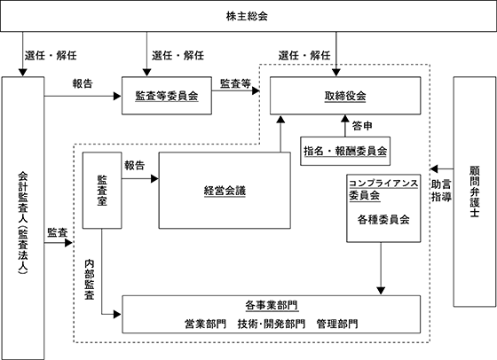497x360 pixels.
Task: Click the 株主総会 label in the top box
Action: tap(247, 16)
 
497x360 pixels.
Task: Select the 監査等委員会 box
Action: tap(167, 96)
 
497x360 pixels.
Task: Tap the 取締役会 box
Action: tap(345, 96)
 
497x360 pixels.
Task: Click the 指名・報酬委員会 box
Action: tap(345, 151)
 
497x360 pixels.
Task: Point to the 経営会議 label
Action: tap(225, 191)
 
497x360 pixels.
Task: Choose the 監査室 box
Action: tap(102, 191)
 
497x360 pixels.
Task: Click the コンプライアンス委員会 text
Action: tap(383, 189)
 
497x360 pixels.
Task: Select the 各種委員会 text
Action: tap(383, 219)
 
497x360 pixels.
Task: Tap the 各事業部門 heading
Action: tap(272, 305)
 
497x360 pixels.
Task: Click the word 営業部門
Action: tap(205, 324)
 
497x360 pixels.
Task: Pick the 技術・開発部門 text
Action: tap(272, 324)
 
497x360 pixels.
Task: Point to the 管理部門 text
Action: tap(337, 324)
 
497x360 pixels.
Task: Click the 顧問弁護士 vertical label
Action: tap(475, 192)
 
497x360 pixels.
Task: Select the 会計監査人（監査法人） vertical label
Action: tap(23, 223)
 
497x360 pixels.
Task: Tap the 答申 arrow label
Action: tap(362, 126)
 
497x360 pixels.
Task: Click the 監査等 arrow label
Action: tap(235, 83)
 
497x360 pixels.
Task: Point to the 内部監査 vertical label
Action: tap(90, 279)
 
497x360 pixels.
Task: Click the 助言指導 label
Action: tap(441, 191)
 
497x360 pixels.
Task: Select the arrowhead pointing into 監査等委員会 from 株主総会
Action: tap(146, 73)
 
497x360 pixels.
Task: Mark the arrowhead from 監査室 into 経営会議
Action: tap(154, 179)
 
